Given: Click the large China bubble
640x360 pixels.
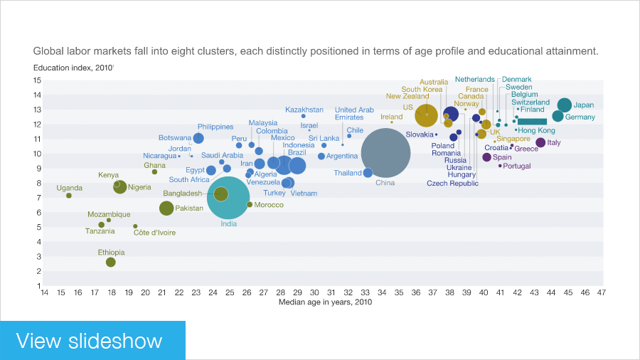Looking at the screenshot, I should click(385, 152).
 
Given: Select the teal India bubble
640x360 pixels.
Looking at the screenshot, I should click(228, 197).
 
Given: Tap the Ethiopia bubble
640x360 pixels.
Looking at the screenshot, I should click(110, 263).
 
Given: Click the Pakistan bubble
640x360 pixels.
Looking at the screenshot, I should click(166, 208).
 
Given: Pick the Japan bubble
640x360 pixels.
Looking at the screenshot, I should click(565, 105).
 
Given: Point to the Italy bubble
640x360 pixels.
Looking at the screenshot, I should click(540, 142).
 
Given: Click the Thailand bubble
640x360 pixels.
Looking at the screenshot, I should click(368, 173).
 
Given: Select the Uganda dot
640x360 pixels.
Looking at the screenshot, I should click(69, 196).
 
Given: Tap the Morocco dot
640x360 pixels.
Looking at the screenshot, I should click(250, 205).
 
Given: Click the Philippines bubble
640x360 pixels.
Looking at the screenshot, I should click(198, 138).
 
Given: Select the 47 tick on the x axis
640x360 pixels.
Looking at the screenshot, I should click(602, 292).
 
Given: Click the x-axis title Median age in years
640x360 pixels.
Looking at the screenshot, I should click(325, 302).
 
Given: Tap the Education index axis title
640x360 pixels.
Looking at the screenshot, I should click(73, 68).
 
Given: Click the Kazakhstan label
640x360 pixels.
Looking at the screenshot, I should click(304, 110).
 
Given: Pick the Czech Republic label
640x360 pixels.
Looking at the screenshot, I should click(452, 184).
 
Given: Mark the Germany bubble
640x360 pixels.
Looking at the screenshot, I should click(558, 116).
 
